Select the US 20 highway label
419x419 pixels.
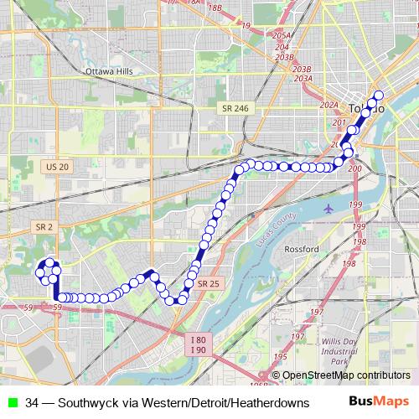[58, 168]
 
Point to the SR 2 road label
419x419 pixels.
[44, 226]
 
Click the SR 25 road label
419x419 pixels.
[209, 284]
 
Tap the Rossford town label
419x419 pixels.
[303, 250]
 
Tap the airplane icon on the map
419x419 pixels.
[328, 207]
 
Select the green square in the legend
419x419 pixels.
[11, 402]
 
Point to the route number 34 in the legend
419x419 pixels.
[32, 402]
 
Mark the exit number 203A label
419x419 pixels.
[303, 78]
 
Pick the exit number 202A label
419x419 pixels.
[328, 106]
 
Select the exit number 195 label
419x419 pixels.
[295, 337]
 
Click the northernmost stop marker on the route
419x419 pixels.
[379, 95]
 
